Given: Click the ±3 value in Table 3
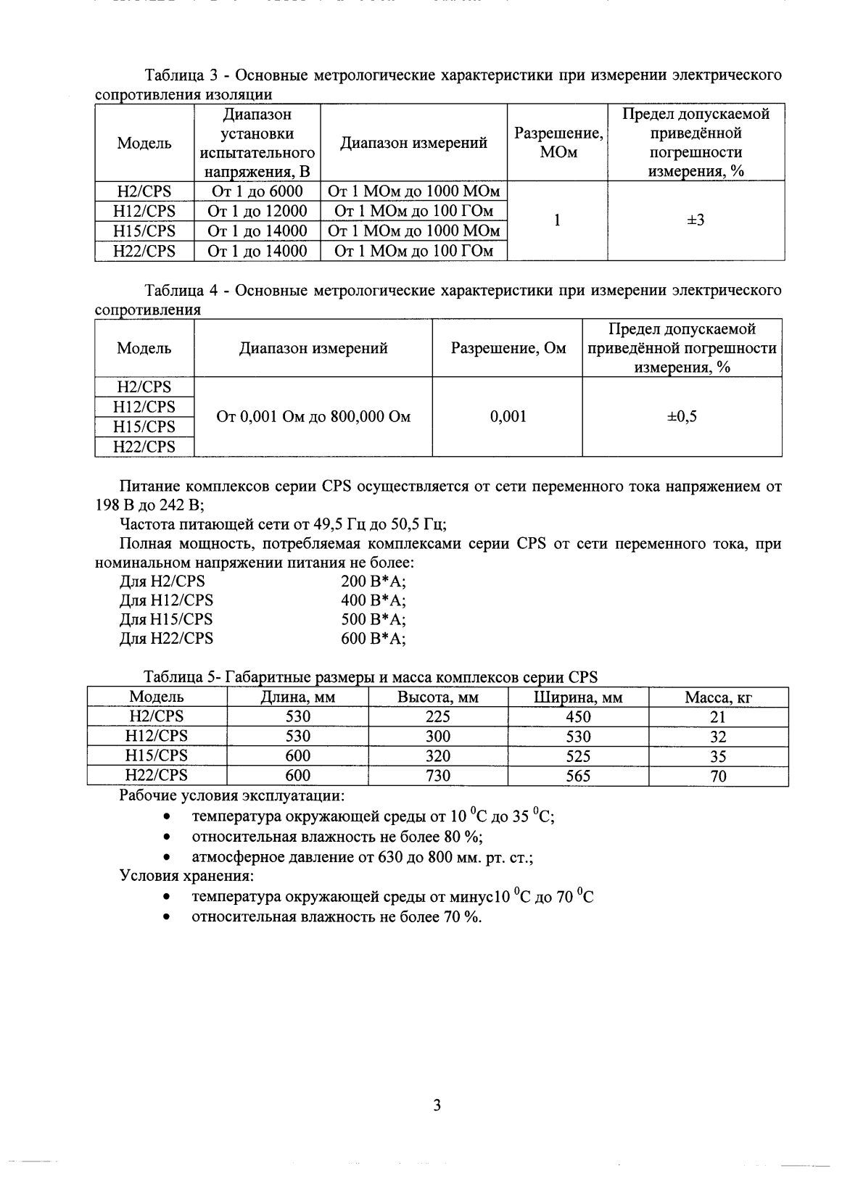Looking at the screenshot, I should (696, 220).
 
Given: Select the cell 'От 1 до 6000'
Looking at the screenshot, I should (257, 191).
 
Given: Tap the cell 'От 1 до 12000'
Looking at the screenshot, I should (257, 211).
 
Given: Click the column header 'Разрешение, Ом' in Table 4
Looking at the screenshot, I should (508, 348).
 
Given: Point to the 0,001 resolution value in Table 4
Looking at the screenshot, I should (508, 416).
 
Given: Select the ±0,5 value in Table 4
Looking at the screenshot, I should (682, 416).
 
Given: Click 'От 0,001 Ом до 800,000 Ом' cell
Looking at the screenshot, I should (313, 417).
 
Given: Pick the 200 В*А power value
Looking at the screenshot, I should (374, 581).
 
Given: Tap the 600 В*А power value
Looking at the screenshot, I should (374, 639).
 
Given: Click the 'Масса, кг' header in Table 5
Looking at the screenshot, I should (718, 697).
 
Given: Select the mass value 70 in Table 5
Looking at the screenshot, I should (718, 776).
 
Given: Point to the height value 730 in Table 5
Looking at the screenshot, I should (437, 776).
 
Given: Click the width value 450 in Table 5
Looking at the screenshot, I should (578, 717).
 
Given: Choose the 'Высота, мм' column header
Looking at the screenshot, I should (437, 697).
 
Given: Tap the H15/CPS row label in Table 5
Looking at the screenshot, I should (157, 755).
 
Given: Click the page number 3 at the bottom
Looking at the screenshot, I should (436, 1106).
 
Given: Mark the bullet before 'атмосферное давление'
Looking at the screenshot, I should (167, 858).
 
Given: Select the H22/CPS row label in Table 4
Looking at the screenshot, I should (144, 447).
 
